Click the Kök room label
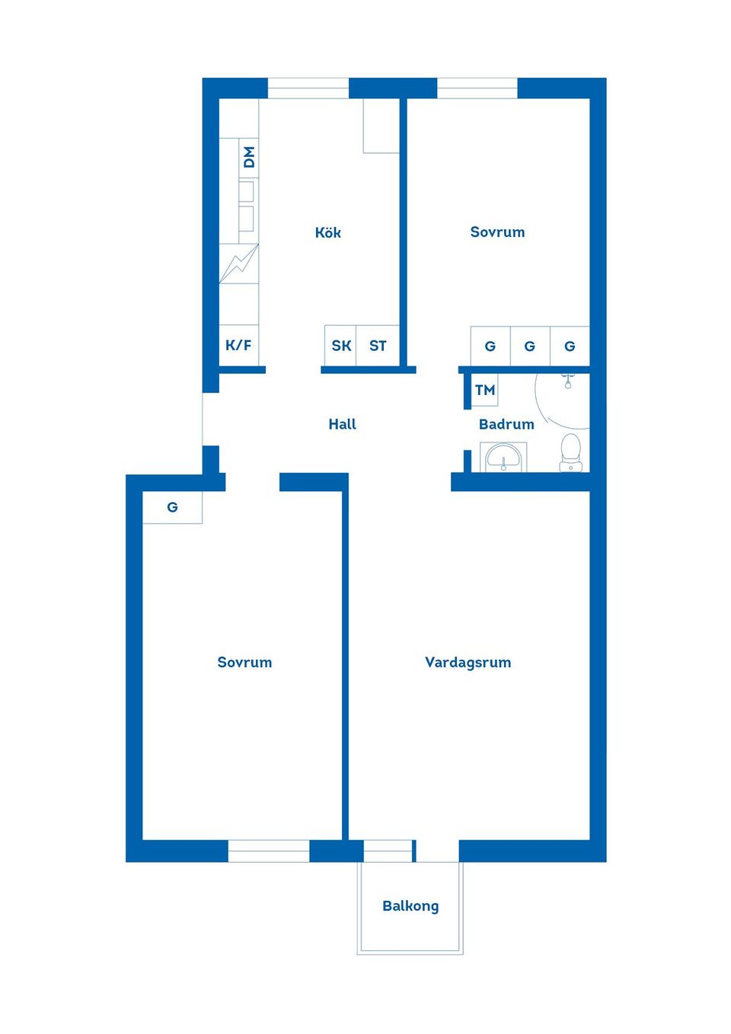click(327, 232)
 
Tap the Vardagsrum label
click(468, 662)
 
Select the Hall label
click(342, 424)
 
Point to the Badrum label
click(506, 424)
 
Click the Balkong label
click(410, 906)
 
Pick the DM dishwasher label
click(249, 158)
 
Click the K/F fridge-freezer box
click(238, 345)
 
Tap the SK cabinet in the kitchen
click(340, 346)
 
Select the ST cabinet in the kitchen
click(378, 346)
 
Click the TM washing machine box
click(484, 390)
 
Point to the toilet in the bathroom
click(571, 452)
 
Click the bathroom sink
click(503, 457)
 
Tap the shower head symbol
click(568, 381)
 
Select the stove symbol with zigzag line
click(238, 263)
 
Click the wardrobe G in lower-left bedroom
click(172, 507)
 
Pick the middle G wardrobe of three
click(530, 346)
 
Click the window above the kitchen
click(308, 88)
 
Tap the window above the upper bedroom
click(477, 88)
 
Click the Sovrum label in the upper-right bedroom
click(497, 231)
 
